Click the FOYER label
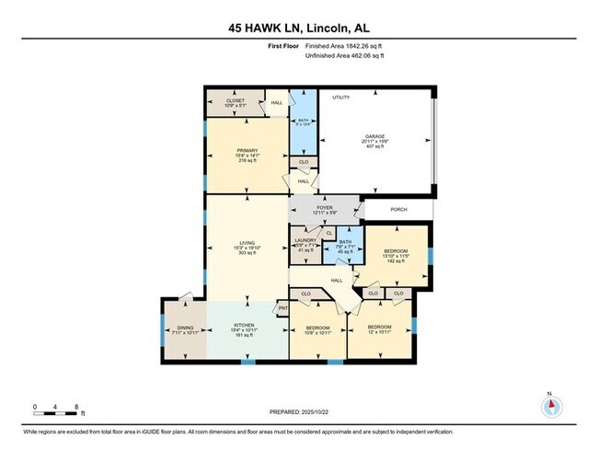324,208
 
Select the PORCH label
398,209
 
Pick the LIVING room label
247,243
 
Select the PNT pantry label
283,308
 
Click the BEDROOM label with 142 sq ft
394,251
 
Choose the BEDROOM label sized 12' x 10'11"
380,328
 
